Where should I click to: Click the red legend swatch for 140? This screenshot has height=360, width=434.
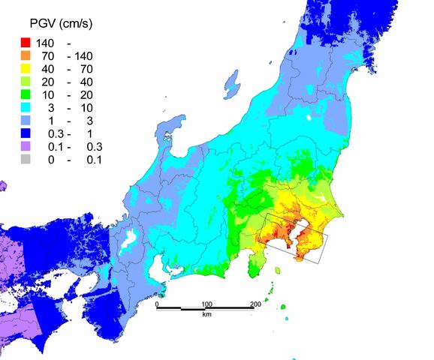click(x=26, y=42)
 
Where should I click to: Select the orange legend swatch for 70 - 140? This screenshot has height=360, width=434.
click(x=26, y=55)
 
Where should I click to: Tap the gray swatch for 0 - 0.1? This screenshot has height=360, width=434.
click(x=26, y=160)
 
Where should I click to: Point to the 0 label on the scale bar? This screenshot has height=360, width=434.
click(x=157, y=304)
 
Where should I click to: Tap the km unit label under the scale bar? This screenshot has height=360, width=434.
click(x=206, y=314)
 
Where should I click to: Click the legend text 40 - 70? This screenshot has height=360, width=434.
click(x=66, y=69)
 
